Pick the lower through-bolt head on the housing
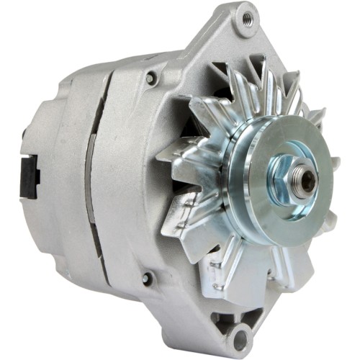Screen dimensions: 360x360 click(148, 277)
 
